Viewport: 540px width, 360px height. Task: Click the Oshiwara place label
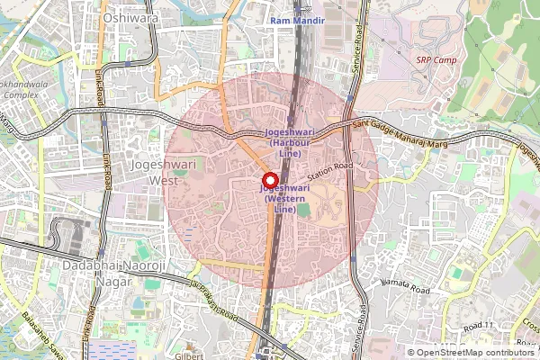click(130, 17)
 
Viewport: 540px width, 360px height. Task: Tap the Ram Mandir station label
click(297, 19)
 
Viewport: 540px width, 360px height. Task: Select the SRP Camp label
click(436, 60)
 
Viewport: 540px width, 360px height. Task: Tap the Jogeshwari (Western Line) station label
click(284, 198)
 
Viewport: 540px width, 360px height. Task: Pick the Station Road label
click(329, 167)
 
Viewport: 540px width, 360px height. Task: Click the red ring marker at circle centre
click(268, 178)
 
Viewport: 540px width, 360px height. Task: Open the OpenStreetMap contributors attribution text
click(476, 352)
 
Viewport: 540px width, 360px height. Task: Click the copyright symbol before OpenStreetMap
click(412, 352)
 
